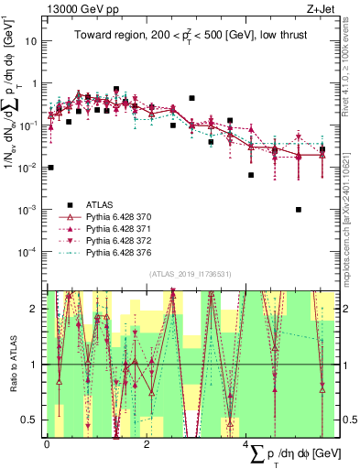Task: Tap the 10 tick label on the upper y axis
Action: click(x=31, y=41)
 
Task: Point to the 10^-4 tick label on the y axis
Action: click(x=28, y=251)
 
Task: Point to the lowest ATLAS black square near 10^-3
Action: click(x=299, y=209)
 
